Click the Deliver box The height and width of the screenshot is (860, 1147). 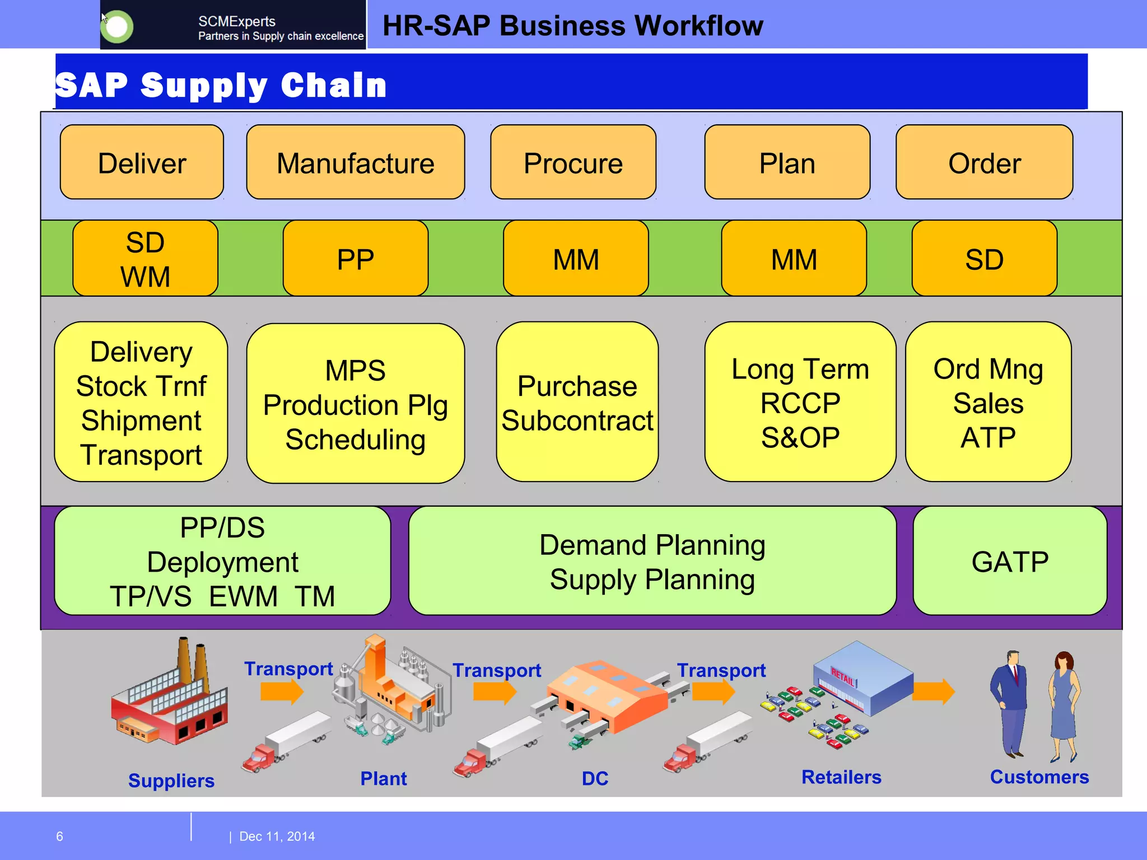pyautogui.click(x=142, y=162)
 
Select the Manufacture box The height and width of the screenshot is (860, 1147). pyautogui.click(x=355, y=162)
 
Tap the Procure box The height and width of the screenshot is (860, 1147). pyautogui.click(x=573, y=162)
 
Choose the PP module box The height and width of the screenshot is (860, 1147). pyautogui.click(x=355, y=259)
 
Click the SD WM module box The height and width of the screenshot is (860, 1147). pyautogui.click(x=145, y=259)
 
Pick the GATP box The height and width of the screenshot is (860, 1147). pyautogui.click(x=1009, y=561)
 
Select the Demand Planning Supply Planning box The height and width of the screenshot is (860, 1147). pyautogui.click(x=652, y=561)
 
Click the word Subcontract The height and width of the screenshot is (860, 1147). pyautogui.click(x=577, y=421)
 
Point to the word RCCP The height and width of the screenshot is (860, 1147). pyautogui.click(x=800, y=404)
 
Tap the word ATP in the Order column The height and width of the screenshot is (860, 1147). pyautogui.click(x=988, y=438)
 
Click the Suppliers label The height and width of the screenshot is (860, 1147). pyautogui.click(x=171, y=780)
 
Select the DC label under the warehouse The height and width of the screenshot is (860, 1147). pyautogui.click(x=595, y=778)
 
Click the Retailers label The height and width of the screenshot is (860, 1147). pyautogui.click(x=841, y=777)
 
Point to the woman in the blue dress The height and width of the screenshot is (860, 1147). pyautogui.click(x=1064, y=705)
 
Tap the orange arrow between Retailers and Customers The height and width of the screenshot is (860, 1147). pyautogui.click(x=933, y=692)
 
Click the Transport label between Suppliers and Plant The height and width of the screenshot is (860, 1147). pyautogui.click(x=288, y=669)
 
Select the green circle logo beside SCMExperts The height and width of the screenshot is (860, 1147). pyautogui.click(x=117, y=26)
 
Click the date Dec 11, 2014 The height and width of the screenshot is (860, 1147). pyautogui.click(x=277, y=836)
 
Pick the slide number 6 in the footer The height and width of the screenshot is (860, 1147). pyautogui.click(x=59, y=836)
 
